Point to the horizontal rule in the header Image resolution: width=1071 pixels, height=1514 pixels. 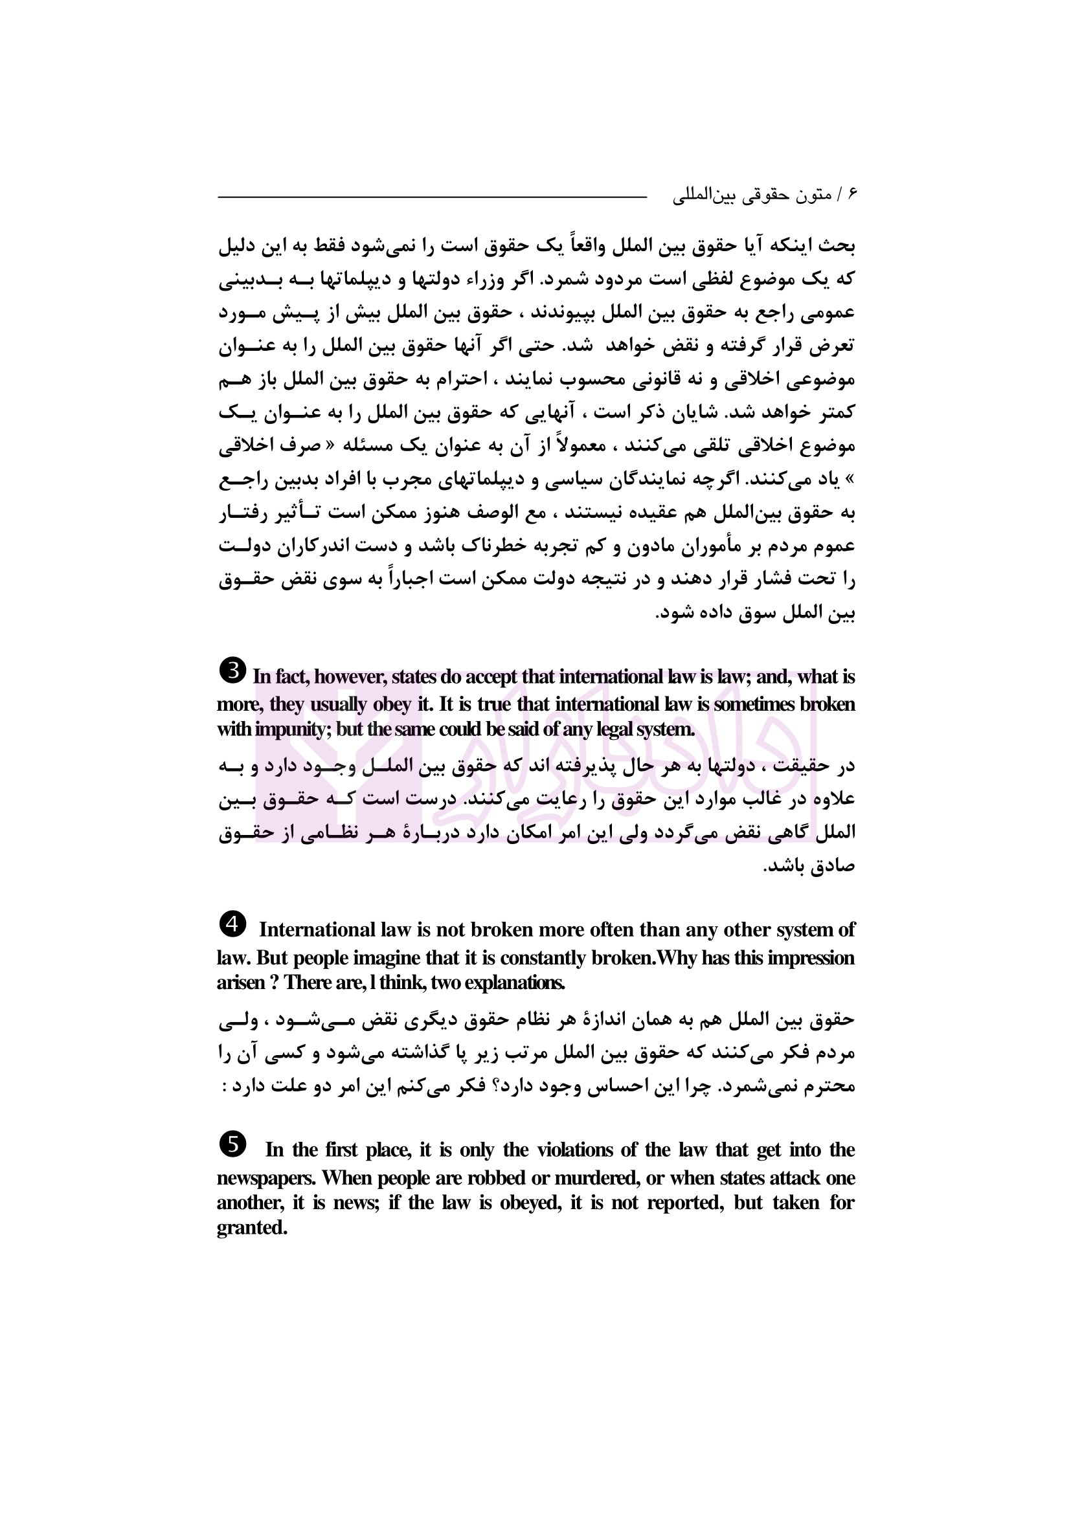click(x=432, y=197)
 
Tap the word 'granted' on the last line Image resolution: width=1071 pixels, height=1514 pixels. click(x=252, y=1228)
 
